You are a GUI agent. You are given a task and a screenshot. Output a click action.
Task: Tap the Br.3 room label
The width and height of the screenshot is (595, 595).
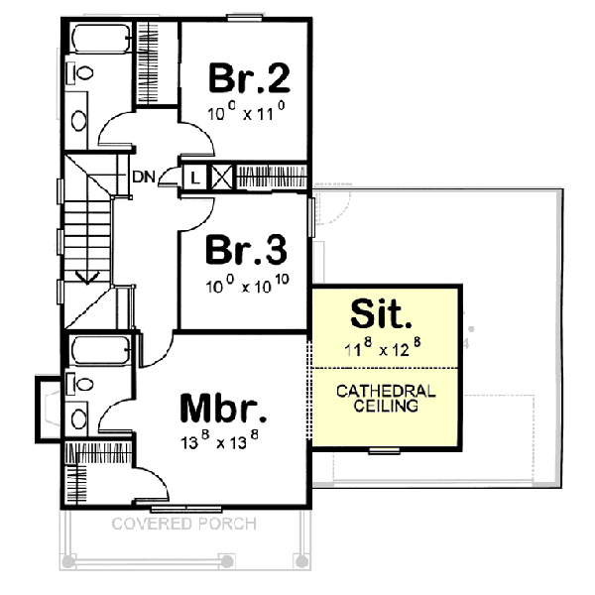[247, 250]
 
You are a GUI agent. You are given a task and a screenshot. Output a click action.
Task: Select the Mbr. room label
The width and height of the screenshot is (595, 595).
[224, 408]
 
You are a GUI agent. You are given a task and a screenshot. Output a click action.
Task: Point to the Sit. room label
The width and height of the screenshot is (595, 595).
[382, 317]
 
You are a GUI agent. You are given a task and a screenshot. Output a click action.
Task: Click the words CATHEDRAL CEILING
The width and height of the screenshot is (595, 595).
[385, 399]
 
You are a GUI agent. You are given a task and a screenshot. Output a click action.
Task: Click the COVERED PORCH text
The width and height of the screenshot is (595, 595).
[183, 524]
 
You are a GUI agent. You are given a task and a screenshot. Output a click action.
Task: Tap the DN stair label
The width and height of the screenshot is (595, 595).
[144, 178]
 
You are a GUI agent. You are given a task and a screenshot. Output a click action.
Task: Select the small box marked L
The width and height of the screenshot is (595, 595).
[195, 178]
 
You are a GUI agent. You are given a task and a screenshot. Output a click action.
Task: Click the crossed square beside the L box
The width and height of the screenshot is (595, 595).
[220, 178]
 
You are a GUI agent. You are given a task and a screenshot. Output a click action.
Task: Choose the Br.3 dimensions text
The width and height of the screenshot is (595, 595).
[248, 287]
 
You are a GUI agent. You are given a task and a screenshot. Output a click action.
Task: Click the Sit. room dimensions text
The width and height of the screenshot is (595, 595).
[385, 349]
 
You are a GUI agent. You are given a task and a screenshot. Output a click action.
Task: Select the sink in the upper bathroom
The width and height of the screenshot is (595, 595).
[79, 119]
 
